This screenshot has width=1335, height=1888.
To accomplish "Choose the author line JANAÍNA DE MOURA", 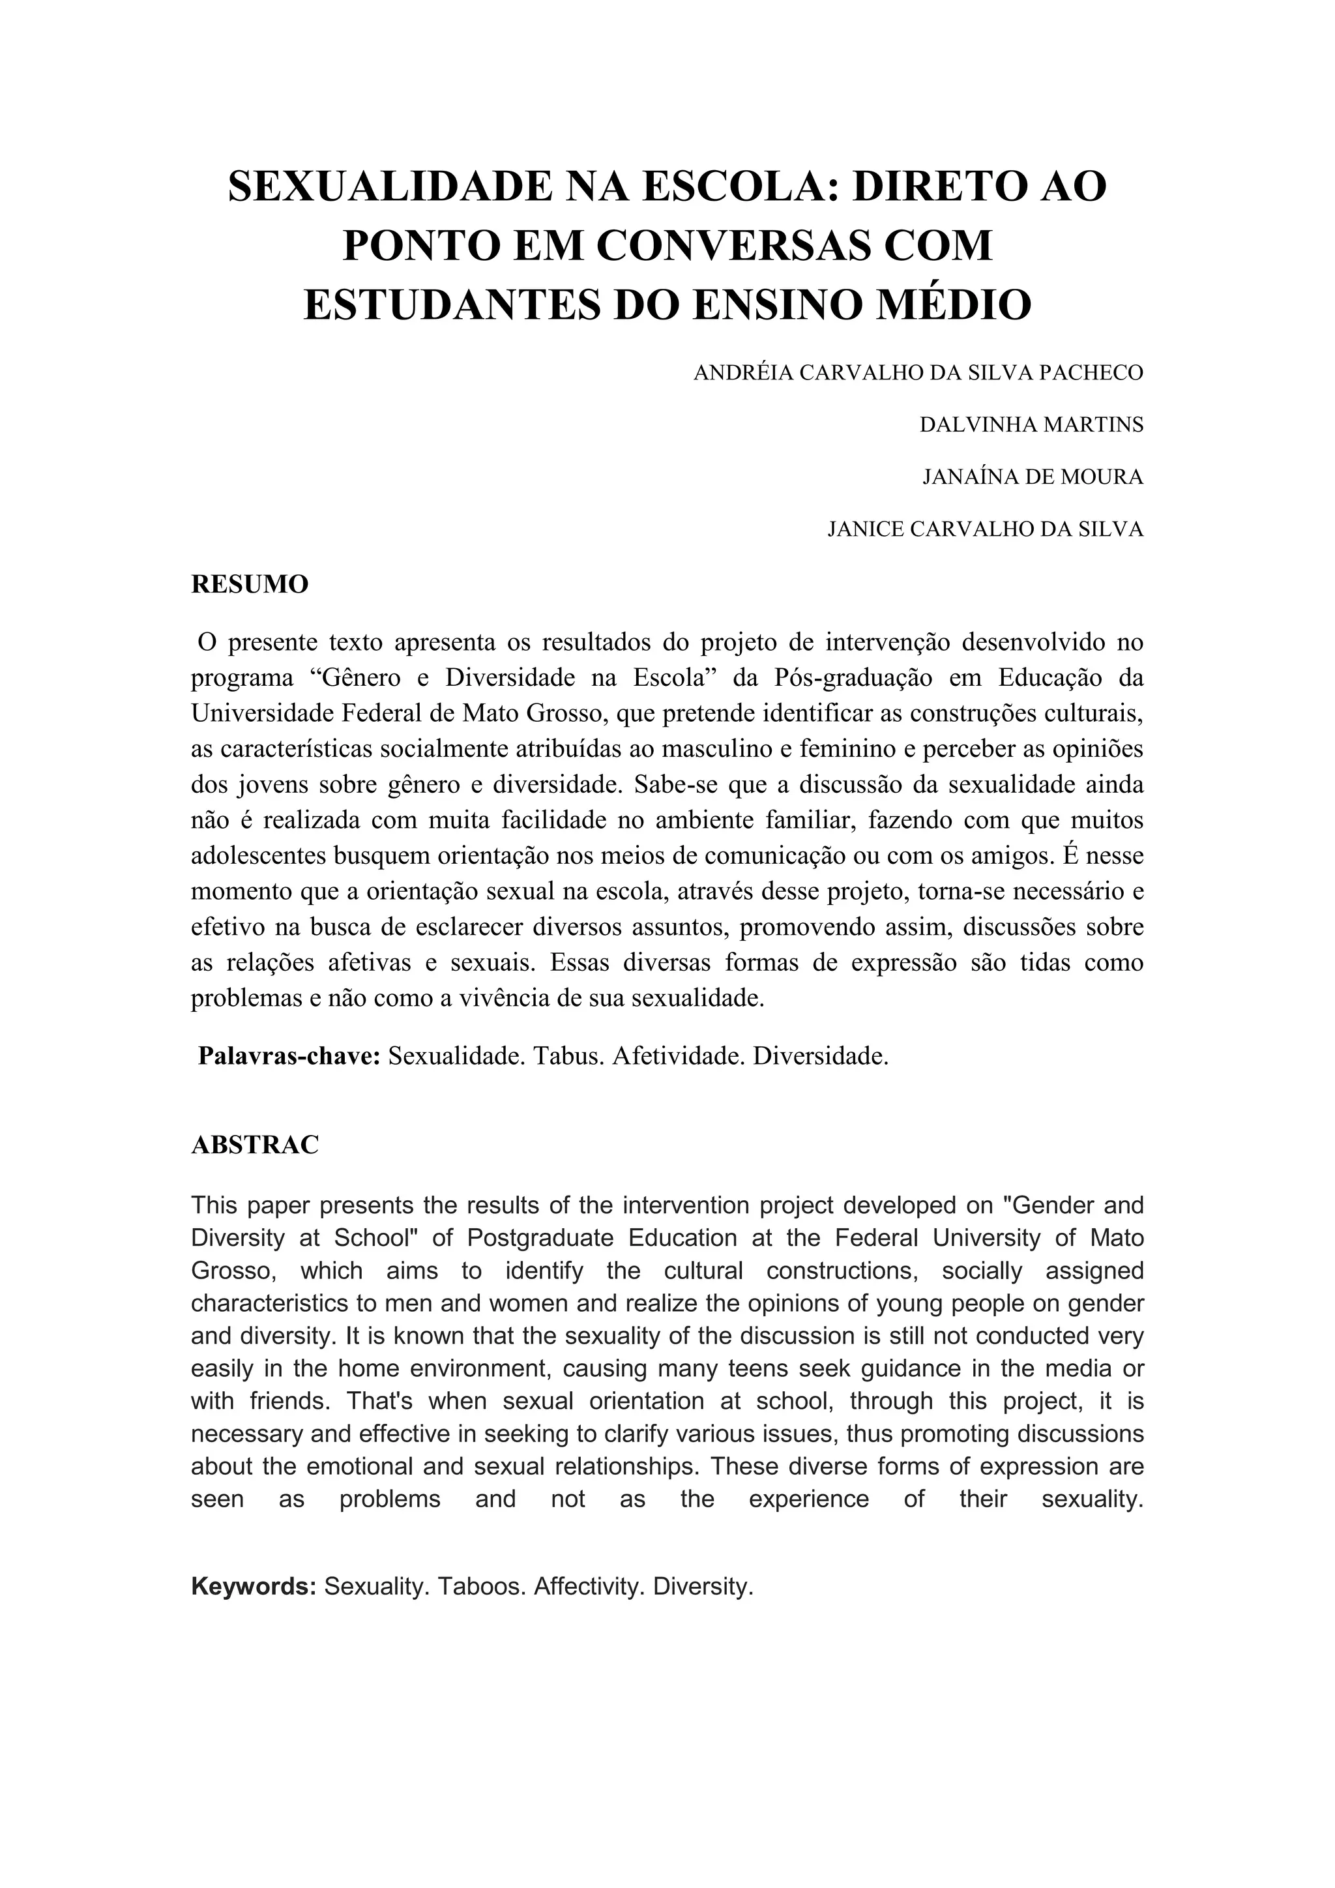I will [x=1033, y=477].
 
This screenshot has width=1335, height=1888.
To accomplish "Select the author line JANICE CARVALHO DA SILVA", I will [x=985, y=529].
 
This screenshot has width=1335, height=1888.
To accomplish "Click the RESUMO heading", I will [x=250, y=585].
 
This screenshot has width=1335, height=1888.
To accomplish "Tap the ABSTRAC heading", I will [x=255, y=1145].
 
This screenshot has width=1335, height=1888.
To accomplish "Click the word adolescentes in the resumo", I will [x=259, y=856].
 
